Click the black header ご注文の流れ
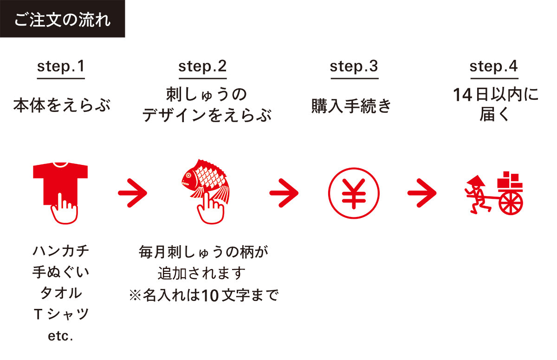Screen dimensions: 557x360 coord(62,19)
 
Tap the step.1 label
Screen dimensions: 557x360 coord(61,67)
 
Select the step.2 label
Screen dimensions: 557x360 coord(202,67)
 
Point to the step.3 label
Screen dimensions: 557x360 coord(354,67)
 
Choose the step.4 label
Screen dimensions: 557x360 coord(493,67)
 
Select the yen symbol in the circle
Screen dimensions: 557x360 coord(354,193)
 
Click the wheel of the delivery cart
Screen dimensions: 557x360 coord(511,203)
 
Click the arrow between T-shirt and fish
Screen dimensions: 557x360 coord(133,193)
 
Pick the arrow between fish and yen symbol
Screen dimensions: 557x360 coord(284,193)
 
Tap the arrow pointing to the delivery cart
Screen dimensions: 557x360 coord(422,193)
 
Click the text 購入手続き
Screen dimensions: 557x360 coord(351,106)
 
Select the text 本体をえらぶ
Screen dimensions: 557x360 coord(62,105)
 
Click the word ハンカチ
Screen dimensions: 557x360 coord(61,251)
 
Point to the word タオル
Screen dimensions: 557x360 coord(61,293)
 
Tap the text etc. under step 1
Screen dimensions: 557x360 coord(60,336)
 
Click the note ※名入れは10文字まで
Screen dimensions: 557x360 coord(204,295)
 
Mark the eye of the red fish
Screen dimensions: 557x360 coord(188,176)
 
